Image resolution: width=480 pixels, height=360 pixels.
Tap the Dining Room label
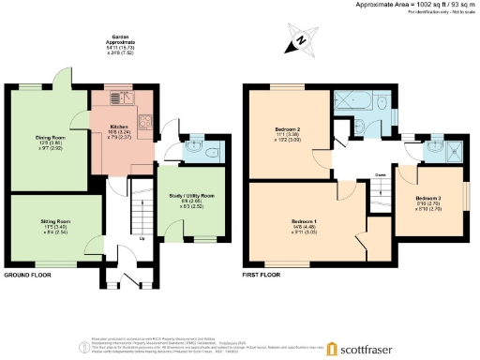[50, 143]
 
